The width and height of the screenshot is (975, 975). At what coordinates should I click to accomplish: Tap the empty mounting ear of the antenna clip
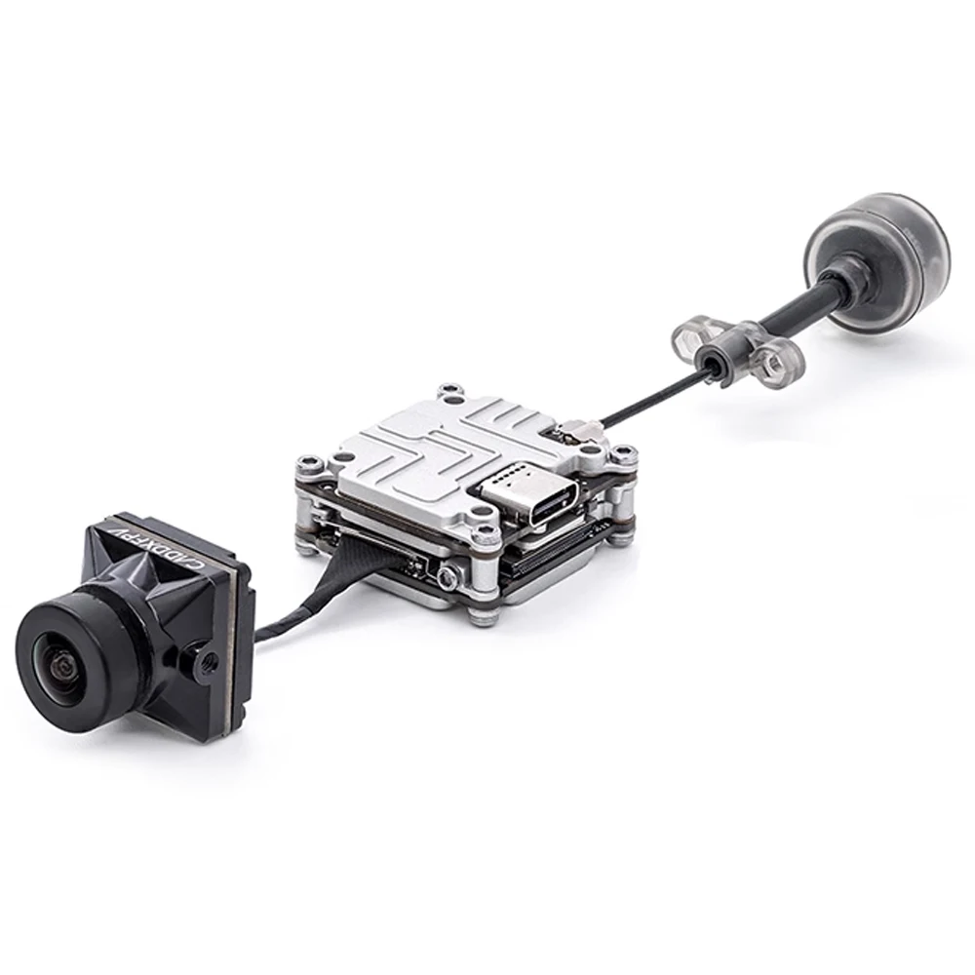(x=690, y=338)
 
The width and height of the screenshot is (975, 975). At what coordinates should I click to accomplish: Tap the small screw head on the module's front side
(x=448, y=577)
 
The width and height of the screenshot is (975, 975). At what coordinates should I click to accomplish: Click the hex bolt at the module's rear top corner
(x=449, y=392)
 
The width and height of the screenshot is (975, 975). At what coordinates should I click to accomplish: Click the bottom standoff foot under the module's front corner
(x=481, y=616)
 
